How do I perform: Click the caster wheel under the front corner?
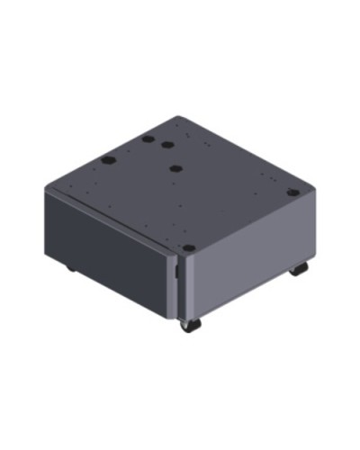(x=186, y=324)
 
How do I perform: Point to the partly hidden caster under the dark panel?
(x=69, y=268)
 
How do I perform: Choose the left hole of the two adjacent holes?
(x=147, y=140)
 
